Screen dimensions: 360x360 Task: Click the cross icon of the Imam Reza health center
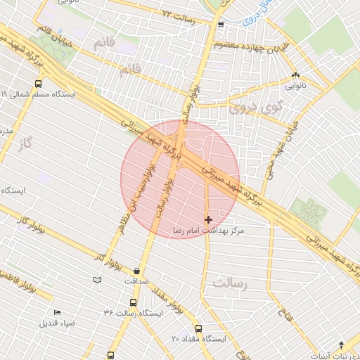208,220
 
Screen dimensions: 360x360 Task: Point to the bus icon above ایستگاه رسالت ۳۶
128,302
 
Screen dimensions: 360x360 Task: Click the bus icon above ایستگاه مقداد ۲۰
198,328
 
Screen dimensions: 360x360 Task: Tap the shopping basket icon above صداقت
136,271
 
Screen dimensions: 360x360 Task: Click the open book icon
97,281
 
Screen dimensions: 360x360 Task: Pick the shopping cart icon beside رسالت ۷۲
221,25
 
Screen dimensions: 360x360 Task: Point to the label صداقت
137,281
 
